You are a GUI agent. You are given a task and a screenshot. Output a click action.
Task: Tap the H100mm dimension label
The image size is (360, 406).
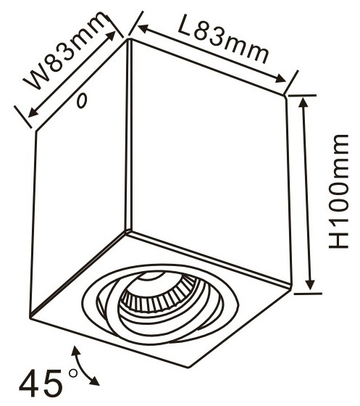click(x=338, y=191)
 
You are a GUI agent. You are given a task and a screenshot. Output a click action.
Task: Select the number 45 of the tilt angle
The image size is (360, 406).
click(x=41, y=384)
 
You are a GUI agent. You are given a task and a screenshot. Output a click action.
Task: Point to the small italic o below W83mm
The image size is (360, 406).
click(x=82, y=101)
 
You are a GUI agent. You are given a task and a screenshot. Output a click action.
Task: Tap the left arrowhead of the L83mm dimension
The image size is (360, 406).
click(x=143, y=28)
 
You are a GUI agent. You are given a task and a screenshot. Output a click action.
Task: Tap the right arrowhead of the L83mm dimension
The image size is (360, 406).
click(x=280, y=78)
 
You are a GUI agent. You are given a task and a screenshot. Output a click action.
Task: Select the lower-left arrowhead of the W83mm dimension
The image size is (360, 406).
click(x=33, y=112)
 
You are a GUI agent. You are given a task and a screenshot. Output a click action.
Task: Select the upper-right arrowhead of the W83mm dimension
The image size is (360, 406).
click(x=111, y=36)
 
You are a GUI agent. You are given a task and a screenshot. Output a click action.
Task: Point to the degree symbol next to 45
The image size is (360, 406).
click(x=73, y=373)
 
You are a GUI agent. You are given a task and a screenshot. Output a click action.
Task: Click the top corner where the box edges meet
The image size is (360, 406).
click(x=130, y=39)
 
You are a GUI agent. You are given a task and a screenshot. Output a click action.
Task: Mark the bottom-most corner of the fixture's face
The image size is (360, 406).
click(x=188, y=367)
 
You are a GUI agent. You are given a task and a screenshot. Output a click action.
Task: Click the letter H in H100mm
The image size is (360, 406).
click(x=338, y=239)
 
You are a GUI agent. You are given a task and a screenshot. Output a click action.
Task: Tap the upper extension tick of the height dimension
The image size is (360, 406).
click(x=302, y=95)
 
